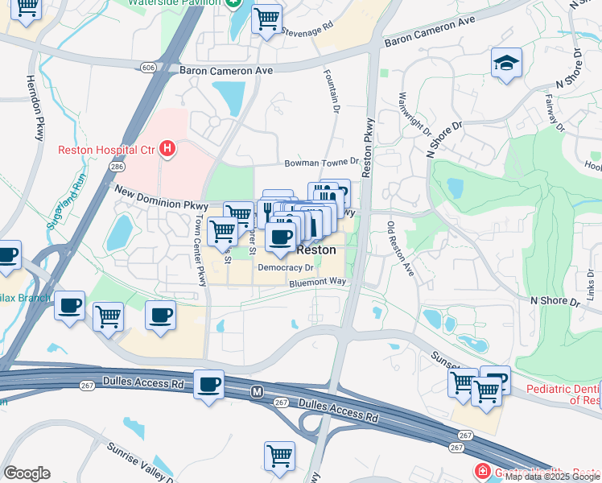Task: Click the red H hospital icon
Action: (x=167, y=149)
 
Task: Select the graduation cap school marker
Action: (x=506, y=63)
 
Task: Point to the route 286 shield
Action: (x=118, y=166)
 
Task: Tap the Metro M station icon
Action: (x=257, y=391)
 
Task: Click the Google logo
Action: (x=27, y=473)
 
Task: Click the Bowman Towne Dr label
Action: (x=321, y=163)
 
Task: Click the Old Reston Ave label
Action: (x=401, y=250)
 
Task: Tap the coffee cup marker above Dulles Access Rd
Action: (x=209, y=384)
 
